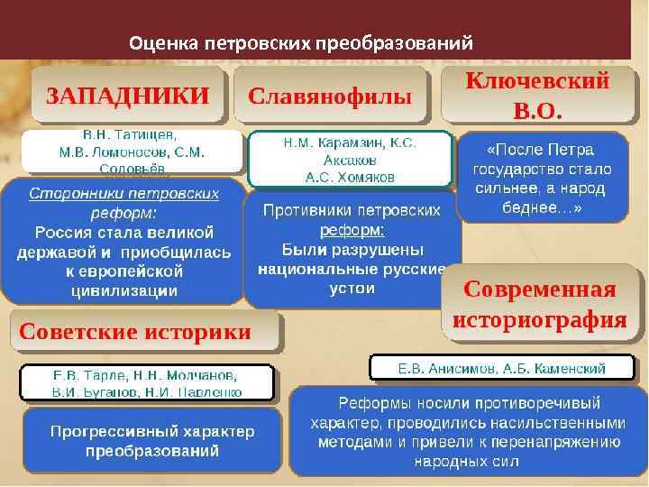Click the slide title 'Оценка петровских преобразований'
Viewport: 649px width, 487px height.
tap(301, 42)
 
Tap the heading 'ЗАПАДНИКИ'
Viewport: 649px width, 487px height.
tap(127, 95)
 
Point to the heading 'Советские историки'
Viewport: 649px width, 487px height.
tap(135, 331)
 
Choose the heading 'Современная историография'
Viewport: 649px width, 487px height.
tap(539, 305)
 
